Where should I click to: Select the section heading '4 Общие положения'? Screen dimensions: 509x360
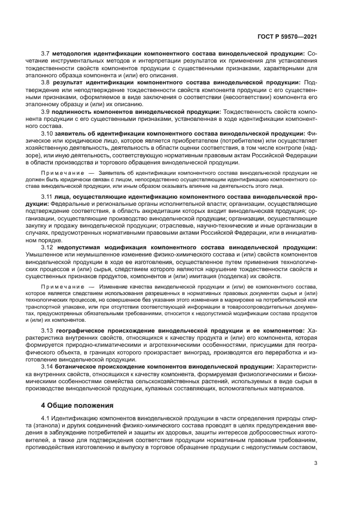coord(77,405)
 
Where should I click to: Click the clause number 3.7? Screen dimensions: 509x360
coord(46,53)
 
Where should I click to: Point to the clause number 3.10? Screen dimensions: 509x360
coord(47,133)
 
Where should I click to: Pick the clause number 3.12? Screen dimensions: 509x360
coord(47,247)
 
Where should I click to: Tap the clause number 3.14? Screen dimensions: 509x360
coord(47,367)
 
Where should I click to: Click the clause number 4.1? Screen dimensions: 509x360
coord(46,418)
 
